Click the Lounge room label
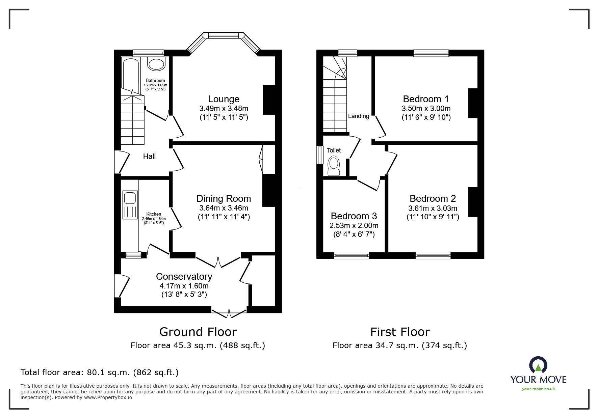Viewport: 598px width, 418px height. (x=224, y=99)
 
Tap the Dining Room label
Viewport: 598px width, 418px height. (x=224, y=198)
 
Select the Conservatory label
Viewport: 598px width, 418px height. (x=184, y=276)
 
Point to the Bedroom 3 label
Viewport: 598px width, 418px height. (x=354, y=216)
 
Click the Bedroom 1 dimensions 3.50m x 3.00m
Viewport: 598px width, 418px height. (x=426, y=109)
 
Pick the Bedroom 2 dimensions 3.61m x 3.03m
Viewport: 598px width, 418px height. (x=433, y=208)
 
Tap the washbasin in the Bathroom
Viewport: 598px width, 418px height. (x=156, y=64)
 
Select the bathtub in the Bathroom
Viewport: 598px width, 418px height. (x=131, y=75)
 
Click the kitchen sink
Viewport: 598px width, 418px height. (x=130, y=205)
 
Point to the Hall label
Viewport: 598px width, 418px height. (x=149, y=156)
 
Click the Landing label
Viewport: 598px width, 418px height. (x=359, y=116)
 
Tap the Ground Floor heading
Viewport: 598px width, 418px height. (x=198, y=332)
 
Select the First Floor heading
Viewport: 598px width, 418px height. (x=400, y=332)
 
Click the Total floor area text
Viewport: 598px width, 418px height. (x=100, y=372)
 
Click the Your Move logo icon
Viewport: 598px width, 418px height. (x=538, y=365)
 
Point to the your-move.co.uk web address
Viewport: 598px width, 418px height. (x=538, y=389)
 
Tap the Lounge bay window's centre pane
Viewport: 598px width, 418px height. (x=224, y=35)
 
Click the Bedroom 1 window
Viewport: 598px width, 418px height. (x=431, y=53)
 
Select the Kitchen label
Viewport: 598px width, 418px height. (x=154, y=214)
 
